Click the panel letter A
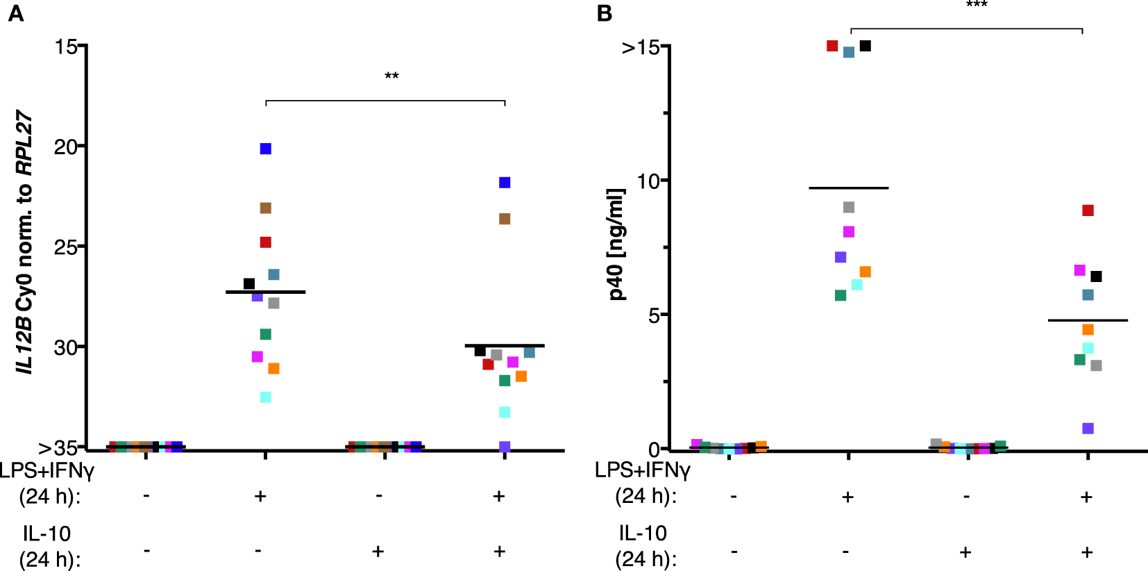click(x=15, y=13)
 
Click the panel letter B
click(x=604, y=13)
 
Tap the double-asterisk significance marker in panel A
click(x=391, y=76)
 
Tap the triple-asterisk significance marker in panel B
click(x=977, y=6)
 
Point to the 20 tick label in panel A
click(x=66, y=147)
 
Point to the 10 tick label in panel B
click(x=647, y=181)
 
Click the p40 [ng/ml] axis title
click(x=616, y=244)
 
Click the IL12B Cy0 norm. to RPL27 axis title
click(x=25, y=242)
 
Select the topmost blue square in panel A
click(x=266, y=149)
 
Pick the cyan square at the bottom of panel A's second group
click(x=266, y=397)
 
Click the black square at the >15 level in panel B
click(x=866, y=46)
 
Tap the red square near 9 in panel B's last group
click(x=1088, y=210)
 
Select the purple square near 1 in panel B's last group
click(x=1088, y=429)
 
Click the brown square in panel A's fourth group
click(x=505, y=219)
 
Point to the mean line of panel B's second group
click(x=848, y=188)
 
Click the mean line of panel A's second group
click(x=266, y=292)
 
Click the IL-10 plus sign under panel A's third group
click(x=378, y=552)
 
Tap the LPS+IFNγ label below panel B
click(x=642, y=470)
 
